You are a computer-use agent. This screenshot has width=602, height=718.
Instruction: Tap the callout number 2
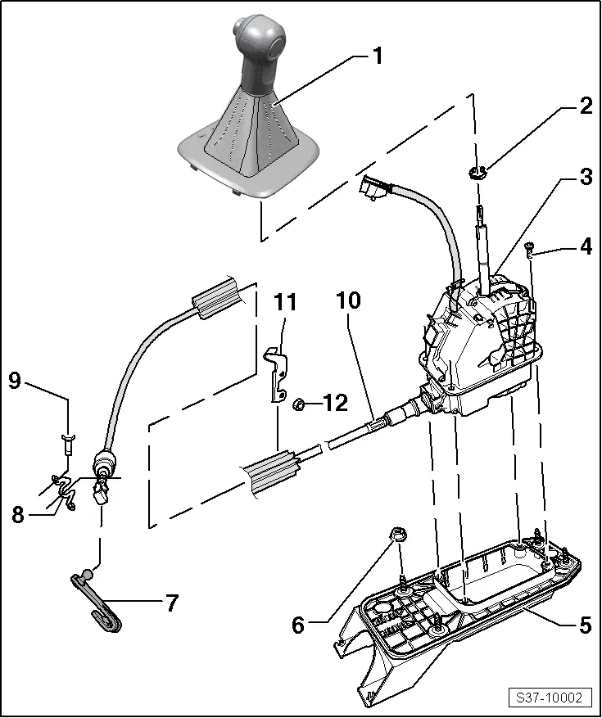(x=585, y=106)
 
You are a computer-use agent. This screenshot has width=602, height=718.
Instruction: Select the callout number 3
(x=584, y=178)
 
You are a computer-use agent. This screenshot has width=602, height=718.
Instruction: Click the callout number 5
(x=584, y=625)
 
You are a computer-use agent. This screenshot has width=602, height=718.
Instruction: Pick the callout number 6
(x=298, y=625)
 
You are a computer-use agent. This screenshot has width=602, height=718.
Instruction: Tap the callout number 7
(x=171, y=603)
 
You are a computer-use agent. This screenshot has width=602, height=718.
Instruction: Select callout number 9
(x=14, y=380)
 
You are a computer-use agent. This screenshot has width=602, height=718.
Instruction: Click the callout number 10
(x=348, y=300)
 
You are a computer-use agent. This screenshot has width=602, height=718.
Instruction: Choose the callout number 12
(x=336, y=403)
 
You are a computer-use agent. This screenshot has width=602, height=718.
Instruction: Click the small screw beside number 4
(x=532, y=247)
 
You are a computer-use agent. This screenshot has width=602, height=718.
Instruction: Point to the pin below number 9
(x=67, y=445)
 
